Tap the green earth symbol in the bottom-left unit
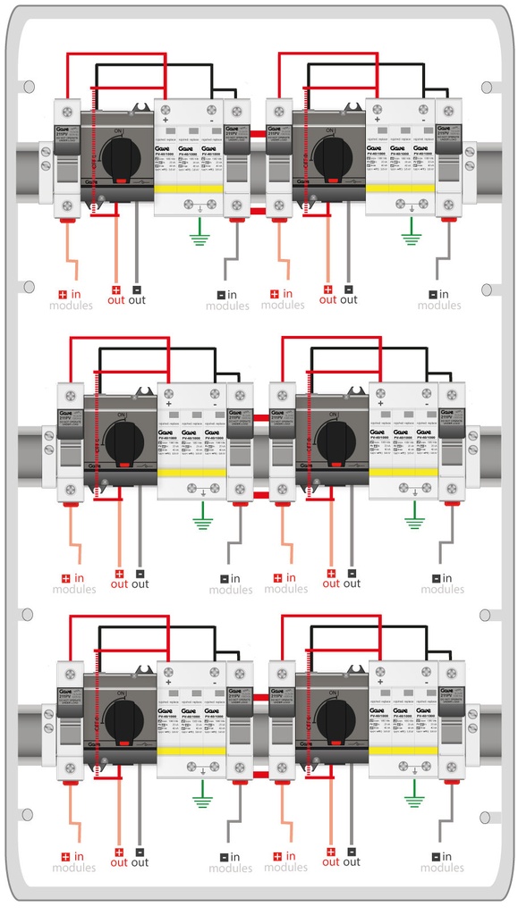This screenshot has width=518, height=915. tap(203, 788)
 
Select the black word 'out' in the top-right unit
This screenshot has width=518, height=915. tap(349, 300)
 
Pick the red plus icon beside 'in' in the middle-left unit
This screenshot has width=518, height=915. tap(65, 578)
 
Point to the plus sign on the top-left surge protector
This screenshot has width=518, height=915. tap(166, 118)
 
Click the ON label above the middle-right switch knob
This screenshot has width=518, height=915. tap(332, 414)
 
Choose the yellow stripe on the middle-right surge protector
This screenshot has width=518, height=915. tap(403, 471)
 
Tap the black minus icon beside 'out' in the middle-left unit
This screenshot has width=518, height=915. tap(140, 573)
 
